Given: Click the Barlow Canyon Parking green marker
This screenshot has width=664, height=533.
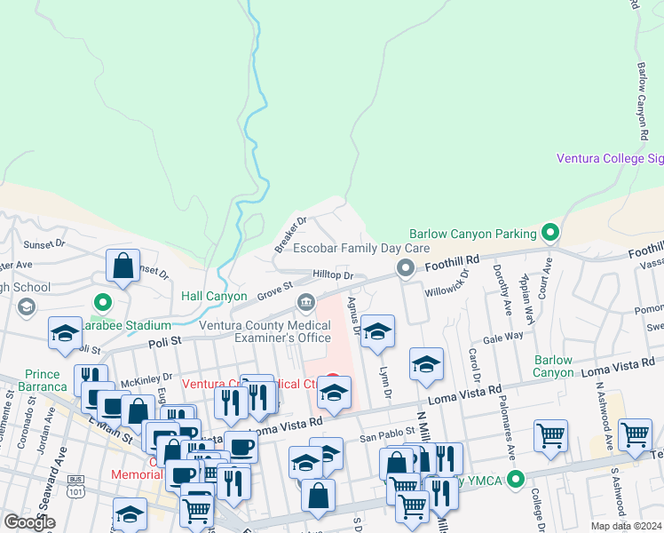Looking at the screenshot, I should pyautogui.click(x=550, y=234).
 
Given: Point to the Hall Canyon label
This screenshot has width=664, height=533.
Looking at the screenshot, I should pyautogui.click(x=214, y=296).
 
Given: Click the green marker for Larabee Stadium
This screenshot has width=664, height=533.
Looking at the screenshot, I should pyautogui.click(x=103, y=303).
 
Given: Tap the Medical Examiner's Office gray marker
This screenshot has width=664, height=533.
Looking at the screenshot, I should pyautogui.click(x=306, y=303).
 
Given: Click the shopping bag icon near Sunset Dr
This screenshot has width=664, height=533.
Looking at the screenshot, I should pyautogui.click(x=123, y=266).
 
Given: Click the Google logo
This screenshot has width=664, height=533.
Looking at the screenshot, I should pyautogui.click(x=29, y=522).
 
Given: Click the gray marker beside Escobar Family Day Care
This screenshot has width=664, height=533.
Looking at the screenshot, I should pyautogui.click(x=407, y=267).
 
